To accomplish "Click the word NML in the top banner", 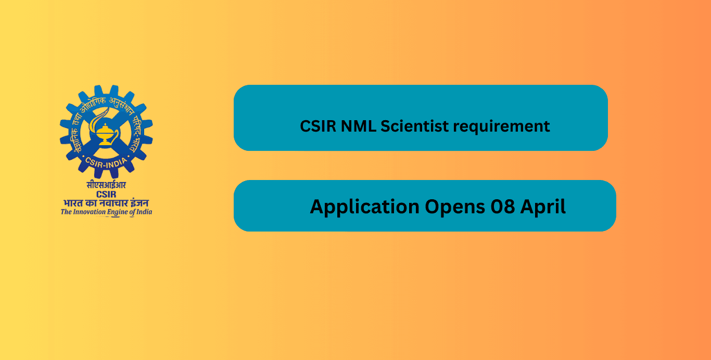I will point(358,126).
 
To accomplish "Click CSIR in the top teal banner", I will point(318,126).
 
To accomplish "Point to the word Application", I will point(364,207).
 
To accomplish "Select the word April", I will point(544,207).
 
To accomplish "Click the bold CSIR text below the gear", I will point(106,194).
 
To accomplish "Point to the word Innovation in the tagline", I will point(90,212).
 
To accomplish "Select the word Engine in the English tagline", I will point(119,212).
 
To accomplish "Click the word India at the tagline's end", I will point(144,212).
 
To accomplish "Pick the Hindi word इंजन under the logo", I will point(140,203).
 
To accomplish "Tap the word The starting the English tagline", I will point(66,212).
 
